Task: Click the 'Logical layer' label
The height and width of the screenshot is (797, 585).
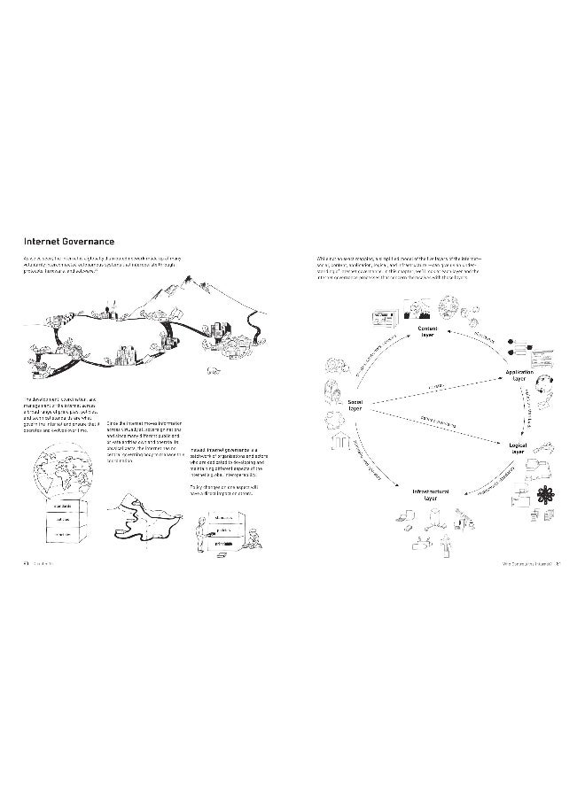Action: coord(518,448)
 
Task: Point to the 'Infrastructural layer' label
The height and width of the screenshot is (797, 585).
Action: coord(430,492)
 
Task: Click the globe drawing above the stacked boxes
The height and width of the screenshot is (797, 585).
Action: coord(59,473)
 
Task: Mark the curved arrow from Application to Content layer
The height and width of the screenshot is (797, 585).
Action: coord(480,339)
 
